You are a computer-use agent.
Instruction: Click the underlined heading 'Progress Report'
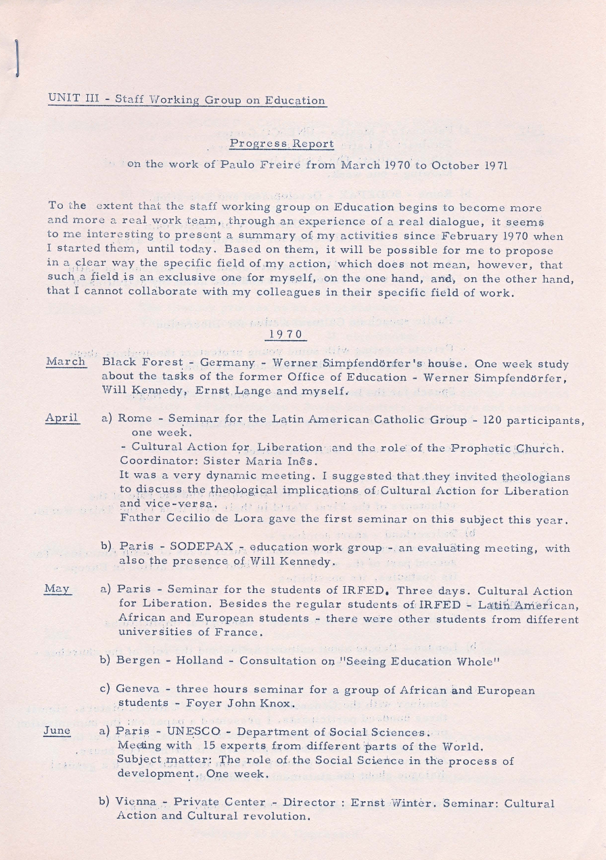click(281, 144)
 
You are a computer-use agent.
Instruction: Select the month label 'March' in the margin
click(66, 362)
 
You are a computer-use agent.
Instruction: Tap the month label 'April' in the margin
click(62, 419)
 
